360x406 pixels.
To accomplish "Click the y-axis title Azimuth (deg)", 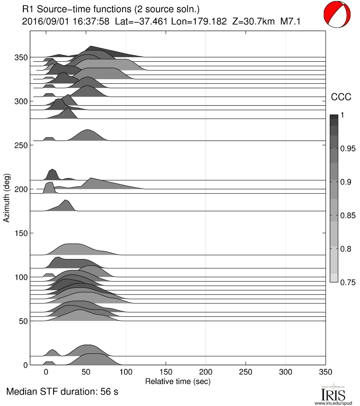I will pyautogui.click(x=6, y=198).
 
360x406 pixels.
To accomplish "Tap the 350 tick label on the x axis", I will pyautogui.click(x=325, y=373).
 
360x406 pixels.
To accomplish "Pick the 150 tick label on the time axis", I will pyautogui.click(x=166, y=373).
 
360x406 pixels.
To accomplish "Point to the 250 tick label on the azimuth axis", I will pyautogui.click(x=21, y=145).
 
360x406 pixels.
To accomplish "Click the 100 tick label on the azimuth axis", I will pyautogui.click(x=21, y=277).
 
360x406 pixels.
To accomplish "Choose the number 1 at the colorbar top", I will pyautogui.click(x=342, y=115).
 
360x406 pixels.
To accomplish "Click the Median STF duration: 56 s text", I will pyautogui.click(x=63, y=392).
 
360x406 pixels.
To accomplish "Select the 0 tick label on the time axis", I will pyautogui.click(x=46, y=373).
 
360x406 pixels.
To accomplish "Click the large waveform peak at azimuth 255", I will pyautogui.click(x=88, y=130).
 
